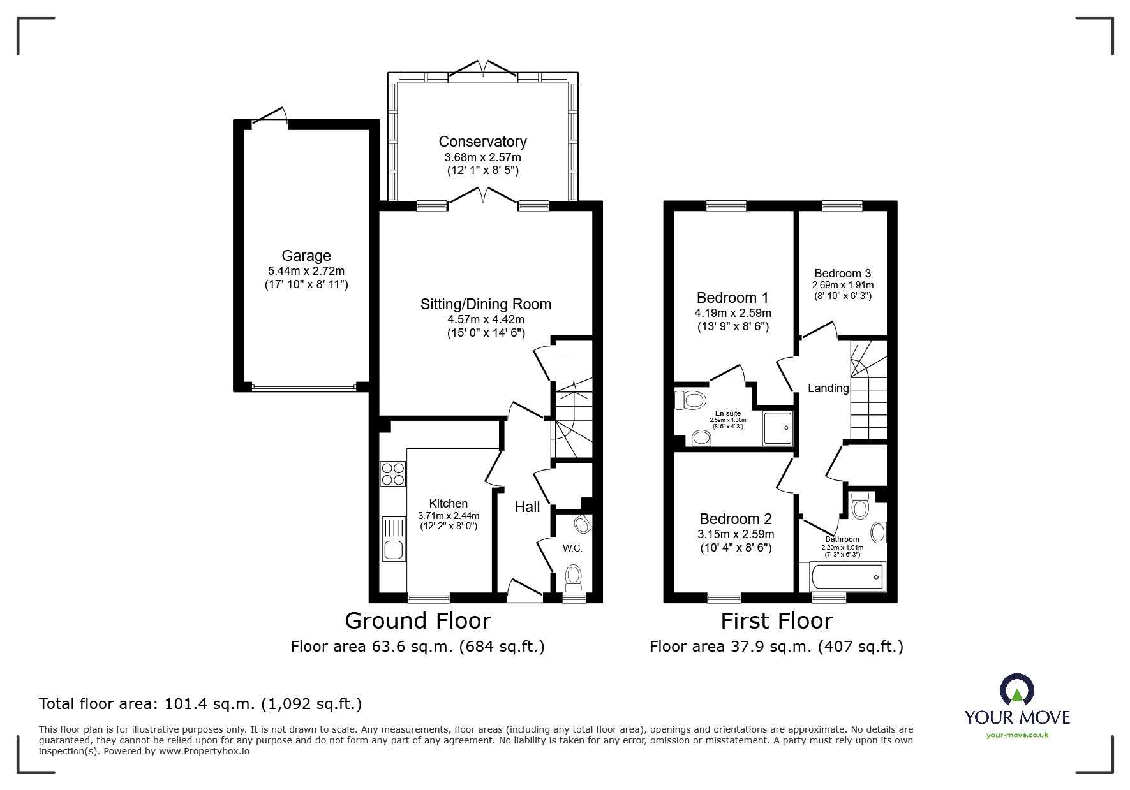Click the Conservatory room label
coord(482,142)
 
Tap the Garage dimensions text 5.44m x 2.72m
coord(306,271)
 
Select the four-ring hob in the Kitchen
coord(392,474)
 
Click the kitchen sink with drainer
coord(393,539)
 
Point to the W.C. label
coord(572,548)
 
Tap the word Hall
coord(527,507)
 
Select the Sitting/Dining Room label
coord(486,304)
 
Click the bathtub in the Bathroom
coord(847,577)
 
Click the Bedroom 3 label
coord(842,274)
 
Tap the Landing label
coord(828,388)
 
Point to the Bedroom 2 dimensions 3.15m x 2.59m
coord(736,534)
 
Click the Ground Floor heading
coord(417,620)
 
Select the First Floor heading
coord(777,620)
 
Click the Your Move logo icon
coord(1016,691)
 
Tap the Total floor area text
coord(200,704)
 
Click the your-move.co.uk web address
coord(1017,735)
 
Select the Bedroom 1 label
coord(732,298)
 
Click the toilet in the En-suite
coord(690,400)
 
